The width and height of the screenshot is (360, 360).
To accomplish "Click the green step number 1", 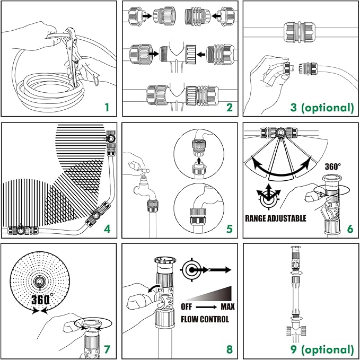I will pos(107,108).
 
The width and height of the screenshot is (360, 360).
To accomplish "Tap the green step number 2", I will pos(229,108).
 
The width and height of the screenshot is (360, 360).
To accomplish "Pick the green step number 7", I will pos(108,349).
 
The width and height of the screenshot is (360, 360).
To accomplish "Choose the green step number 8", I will pos(229,349).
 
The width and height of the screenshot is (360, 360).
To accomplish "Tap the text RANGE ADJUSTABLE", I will pos(276,218).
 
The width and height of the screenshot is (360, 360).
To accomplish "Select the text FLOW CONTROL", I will pos(205,319).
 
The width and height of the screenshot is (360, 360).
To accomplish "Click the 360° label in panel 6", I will pos(333,166).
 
